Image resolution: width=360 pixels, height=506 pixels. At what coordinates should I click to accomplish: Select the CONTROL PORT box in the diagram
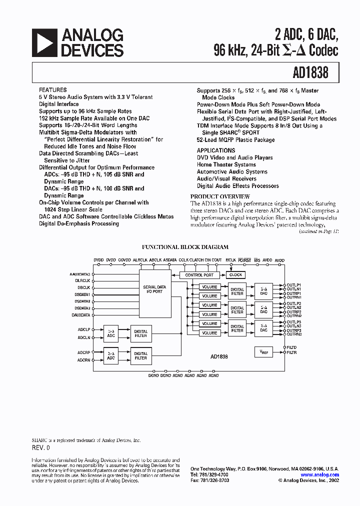click(x=199, y=275)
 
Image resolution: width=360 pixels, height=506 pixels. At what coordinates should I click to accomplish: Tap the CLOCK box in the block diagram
click(x=235, y=275)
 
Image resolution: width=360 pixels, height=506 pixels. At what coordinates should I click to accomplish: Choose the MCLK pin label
click(x=230, y=260)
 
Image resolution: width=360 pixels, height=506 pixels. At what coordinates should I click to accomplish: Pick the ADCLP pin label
click(x=83, y=330)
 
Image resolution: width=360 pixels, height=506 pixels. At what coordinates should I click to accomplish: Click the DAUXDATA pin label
click(x=80, y=315)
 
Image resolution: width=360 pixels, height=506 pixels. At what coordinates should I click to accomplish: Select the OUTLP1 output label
click(x=293, y=285)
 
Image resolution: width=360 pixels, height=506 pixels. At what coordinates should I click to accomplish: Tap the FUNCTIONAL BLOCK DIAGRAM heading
click(x=185, y=247)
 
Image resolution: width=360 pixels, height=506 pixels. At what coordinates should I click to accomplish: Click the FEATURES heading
click(x=52, y=90)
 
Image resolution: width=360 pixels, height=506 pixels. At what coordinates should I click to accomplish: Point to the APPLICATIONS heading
click(x=216, y=150)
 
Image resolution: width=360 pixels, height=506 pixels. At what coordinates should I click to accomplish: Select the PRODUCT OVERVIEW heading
click(x=220, y=196)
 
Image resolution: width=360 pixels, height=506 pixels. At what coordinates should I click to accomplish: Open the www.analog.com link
click(x=320, y=475)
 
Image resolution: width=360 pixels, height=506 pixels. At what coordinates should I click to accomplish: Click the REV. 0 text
click(x=41, y=448)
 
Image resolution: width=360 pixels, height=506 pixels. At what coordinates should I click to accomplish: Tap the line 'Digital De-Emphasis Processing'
click(x=79, y=223)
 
